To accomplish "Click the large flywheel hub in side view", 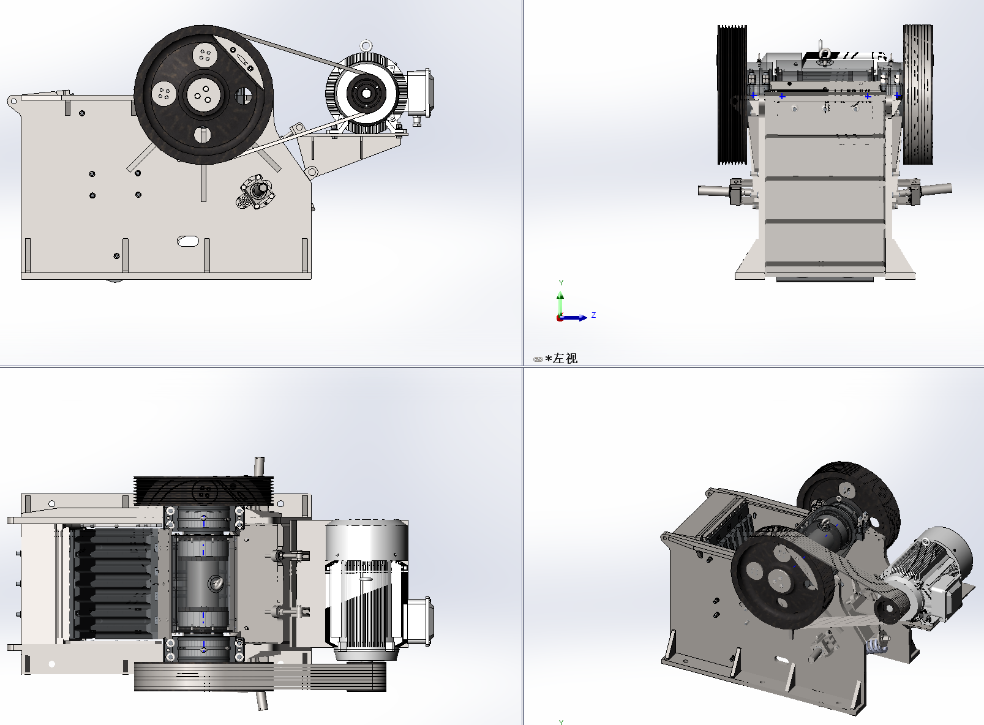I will click(203, 95).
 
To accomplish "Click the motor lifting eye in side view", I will click(366, 46).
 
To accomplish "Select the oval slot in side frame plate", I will click(188, 241).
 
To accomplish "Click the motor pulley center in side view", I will click(366, 94).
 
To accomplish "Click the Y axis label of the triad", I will click(561, 283).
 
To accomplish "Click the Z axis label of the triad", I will click(593, 315).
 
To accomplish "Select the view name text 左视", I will click(565, 359).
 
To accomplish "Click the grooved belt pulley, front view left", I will click(732, 95).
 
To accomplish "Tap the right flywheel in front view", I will click(917, 95).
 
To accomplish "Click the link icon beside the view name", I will click(538, 359).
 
